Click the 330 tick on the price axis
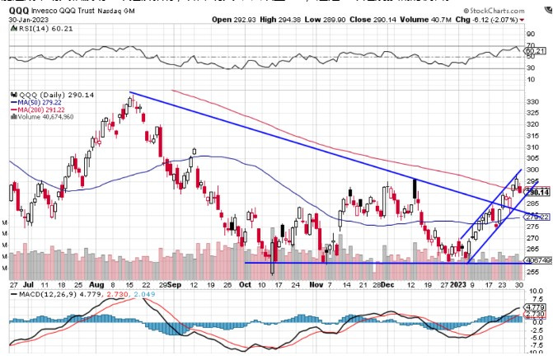click(x=532, y=102)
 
